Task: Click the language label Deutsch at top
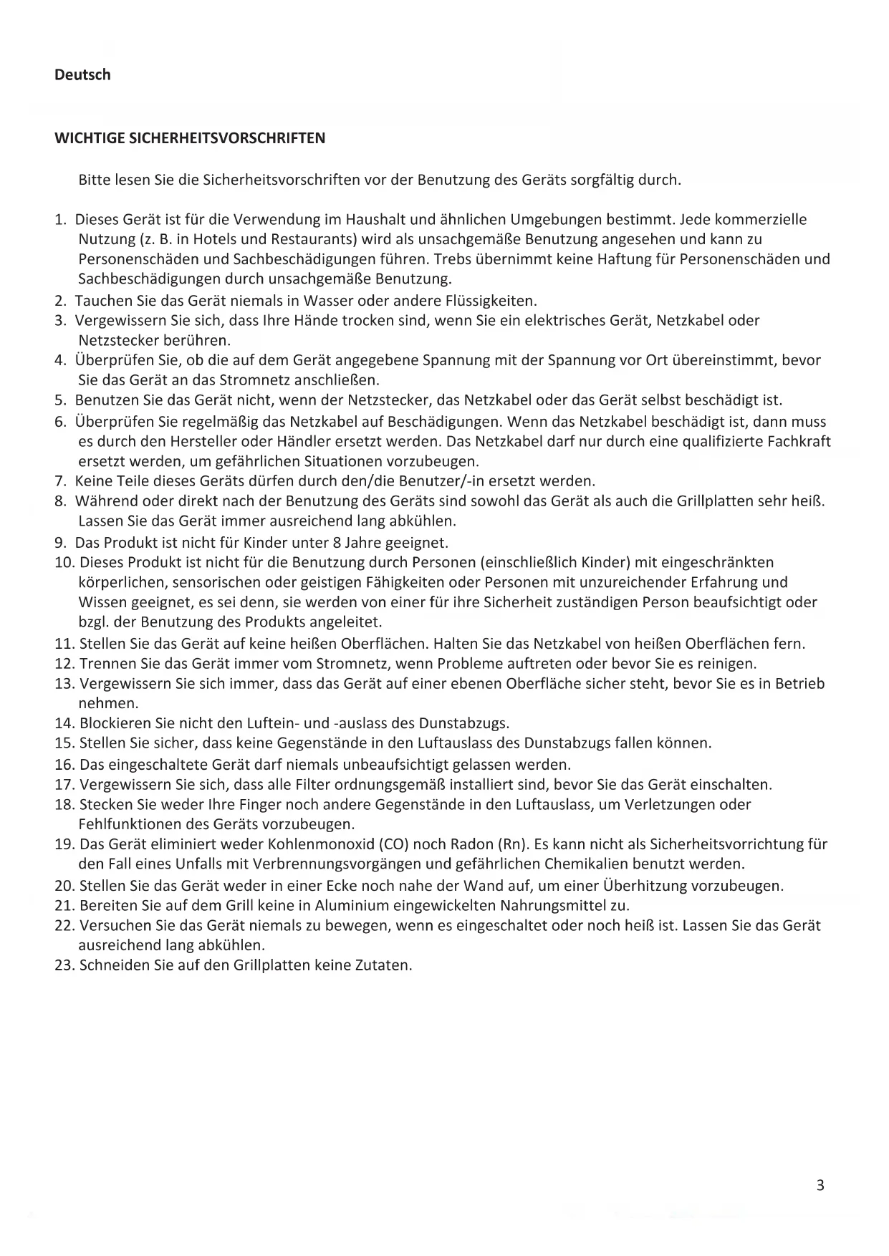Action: click(x=82, y=74)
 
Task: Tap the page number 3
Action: click(x=820, y=1185)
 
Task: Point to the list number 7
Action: click(x=60, y=480)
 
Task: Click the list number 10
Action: click(x=64, y=562)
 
